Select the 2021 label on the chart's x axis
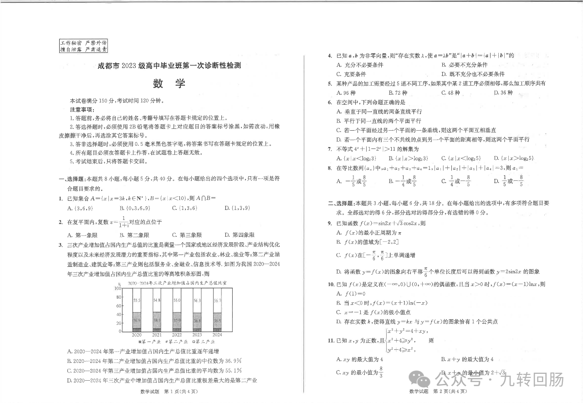point(157,335)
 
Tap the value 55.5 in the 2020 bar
point(137,300)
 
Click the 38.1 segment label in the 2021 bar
point(157,321)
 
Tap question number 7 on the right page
point(329,149)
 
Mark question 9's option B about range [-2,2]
point(364,242)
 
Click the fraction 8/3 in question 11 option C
point(381,372)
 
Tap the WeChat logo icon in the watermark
point(419,378)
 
